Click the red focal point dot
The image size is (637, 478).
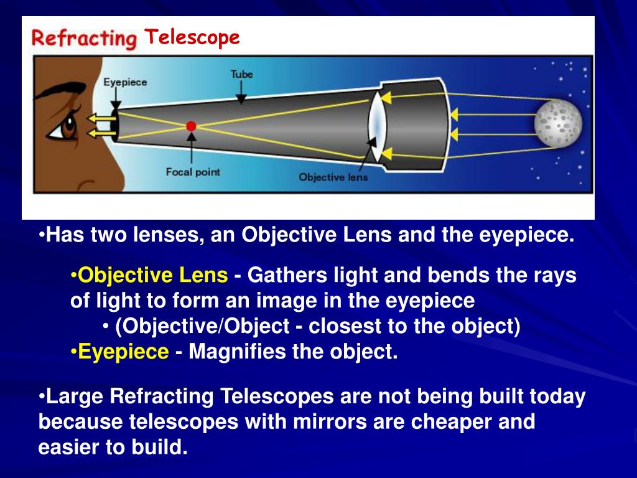[x=191, y=126]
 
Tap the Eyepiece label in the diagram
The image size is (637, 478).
[x=125, y=82]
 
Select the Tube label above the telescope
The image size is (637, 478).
[x=242, y=74]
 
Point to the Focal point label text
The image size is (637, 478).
[x=193, y=172]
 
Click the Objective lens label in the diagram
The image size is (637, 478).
[x=333, y=177]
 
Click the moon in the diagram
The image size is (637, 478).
[x=558, y=123]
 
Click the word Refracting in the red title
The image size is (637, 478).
[x=84, y=39]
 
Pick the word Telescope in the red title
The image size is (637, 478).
[x=192, y=37]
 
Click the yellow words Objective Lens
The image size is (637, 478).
[x=153, y=275]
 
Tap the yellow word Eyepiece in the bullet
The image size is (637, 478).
[x=123, y=352]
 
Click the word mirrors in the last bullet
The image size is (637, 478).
[x=330, y=421]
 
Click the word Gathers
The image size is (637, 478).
[x=287, y=275]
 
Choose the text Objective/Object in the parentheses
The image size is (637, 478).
[x=202, y=326]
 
